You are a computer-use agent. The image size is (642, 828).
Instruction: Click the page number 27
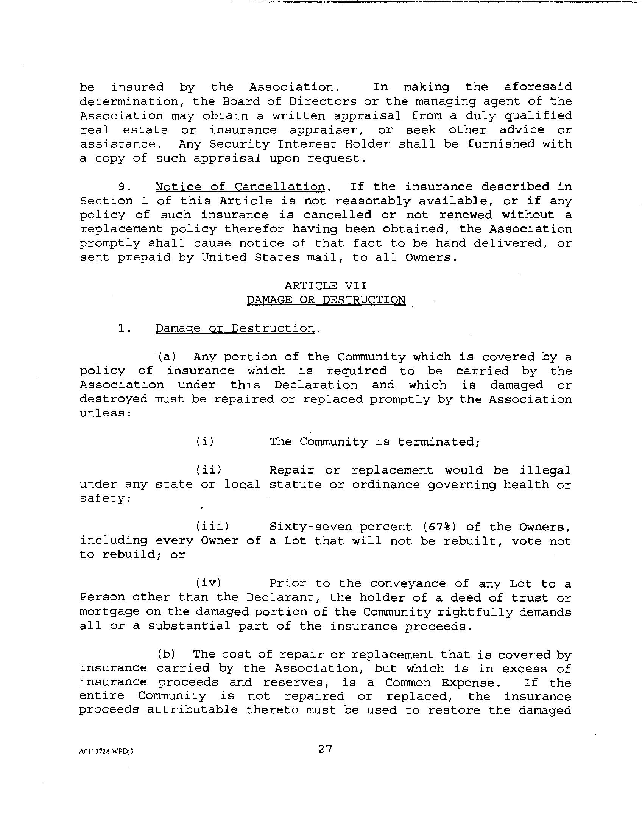pyautogui.click(x=325, y=749)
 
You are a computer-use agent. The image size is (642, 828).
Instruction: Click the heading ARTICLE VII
pyautogui.click(x=326, y=285)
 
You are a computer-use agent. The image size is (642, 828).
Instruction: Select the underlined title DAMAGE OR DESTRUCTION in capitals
pyautogui.click(x=326, y=300)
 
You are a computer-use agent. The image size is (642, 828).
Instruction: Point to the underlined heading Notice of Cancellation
pyautogui.click(x=240, y=187)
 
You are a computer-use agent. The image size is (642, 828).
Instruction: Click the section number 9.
pyautogui.click(x=125, y=187)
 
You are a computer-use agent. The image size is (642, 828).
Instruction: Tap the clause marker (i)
pyautogui.click(x=205, y=441)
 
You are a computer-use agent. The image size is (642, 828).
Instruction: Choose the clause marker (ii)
pyautogui.click(x=209, y=470)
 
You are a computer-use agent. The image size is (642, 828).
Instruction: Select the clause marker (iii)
pyautogui.click(x=212, y=526)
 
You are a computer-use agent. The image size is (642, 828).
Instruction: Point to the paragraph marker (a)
pyautogui.click(x=167, y=357)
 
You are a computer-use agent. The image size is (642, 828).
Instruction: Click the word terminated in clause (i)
pyautogui.click(x=439, y=442)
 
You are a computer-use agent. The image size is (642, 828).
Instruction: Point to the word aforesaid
pyautogui.click(x=538, y=87)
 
